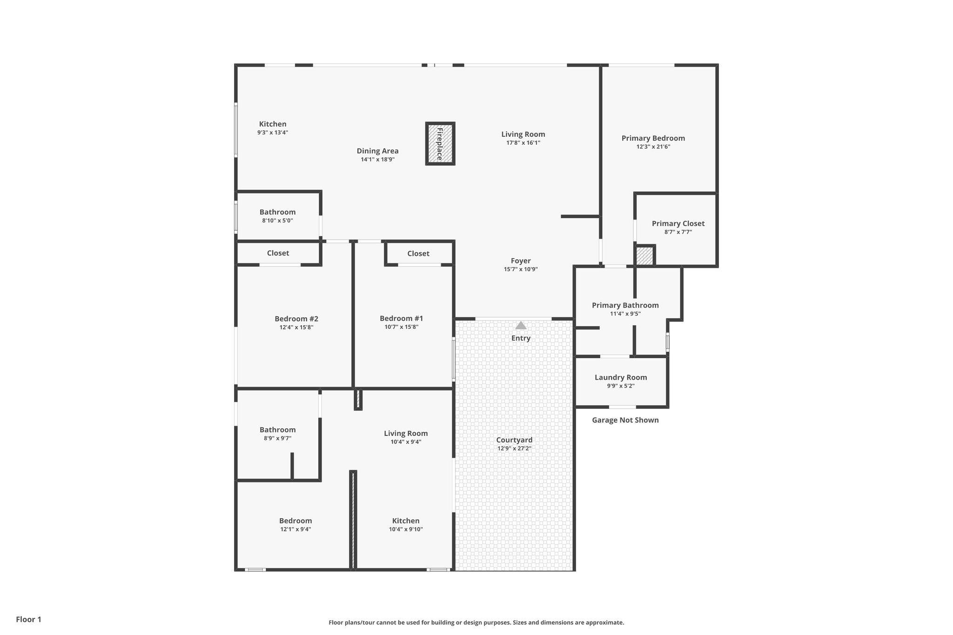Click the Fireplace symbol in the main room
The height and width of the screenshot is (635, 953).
click(x=440, y=144)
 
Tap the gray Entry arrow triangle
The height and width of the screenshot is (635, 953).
click(x=521, y=325)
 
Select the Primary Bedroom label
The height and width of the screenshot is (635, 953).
click(x=653, y=138)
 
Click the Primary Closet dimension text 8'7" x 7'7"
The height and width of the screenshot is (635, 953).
click(x=678, y=232)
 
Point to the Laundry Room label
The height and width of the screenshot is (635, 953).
click(x=621, y=377)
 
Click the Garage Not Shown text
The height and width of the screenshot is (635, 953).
click(x=625, y=420)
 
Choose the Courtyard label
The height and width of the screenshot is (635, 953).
click(x=514, y=440)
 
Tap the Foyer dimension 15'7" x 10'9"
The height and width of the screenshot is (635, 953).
click(x=521, y=269)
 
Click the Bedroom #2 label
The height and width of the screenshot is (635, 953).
click(x=296, y=319)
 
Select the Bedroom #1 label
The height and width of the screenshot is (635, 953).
click(x=401, y=318)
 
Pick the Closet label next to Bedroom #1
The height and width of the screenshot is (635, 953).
click(x=418, y=254)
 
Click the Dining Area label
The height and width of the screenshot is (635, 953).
click(x=377, y=151)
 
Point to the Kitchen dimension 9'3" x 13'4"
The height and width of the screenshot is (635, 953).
click(x=273, y=133)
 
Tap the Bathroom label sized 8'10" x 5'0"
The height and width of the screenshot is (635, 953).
click(x=277, y=212)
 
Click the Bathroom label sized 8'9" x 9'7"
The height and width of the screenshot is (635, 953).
click(x=277, y=430)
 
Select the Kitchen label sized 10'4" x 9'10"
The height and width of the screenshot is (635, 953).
click(x=406, y=521)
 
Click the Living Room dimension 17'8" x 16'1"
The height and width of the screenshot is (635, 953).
click(x=523, y=143)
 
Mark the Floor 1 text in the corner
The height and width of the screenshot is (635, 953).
click(x=28, y=619)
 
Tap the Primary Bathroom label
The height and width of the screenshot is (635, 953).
click(x=625, y=305)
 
